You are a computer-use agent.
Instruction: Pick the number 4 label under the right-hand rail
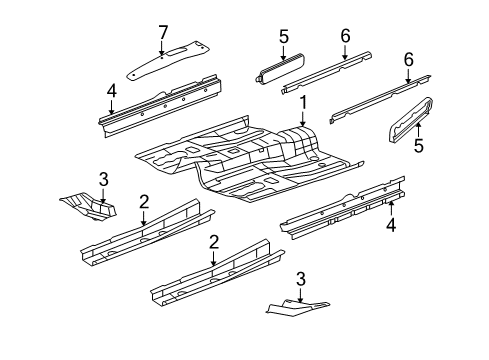392,225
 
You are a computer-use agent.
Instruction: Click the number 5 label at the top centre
284,38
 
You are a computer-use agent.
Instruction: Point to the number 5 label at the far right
419,146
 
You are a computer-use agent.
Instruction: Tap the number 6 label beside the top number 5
345,38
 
